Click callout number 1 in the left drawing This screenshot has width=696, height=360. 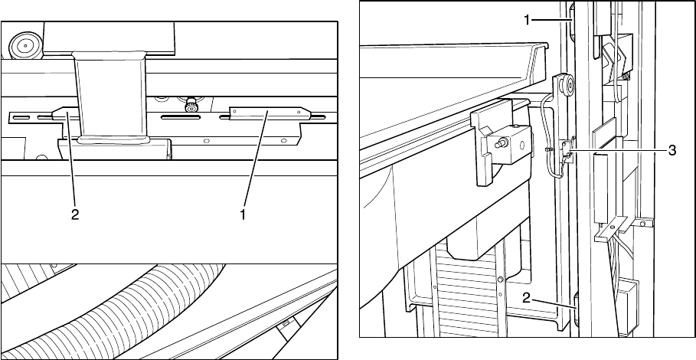coord(243,215)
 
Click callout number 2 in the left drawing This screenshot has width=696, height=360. coord(75,215)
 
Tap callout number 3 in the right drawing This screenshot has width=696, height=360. coord(671,151)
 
